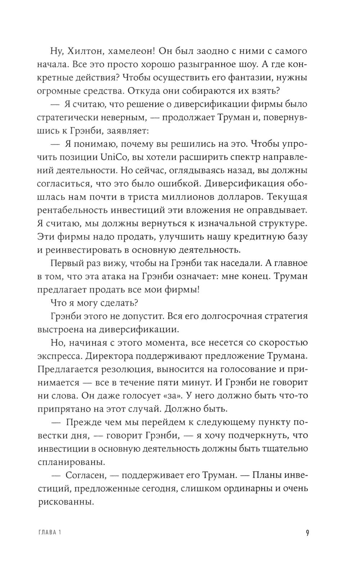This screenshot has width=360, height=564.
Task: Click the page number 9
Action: point(307,533)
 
